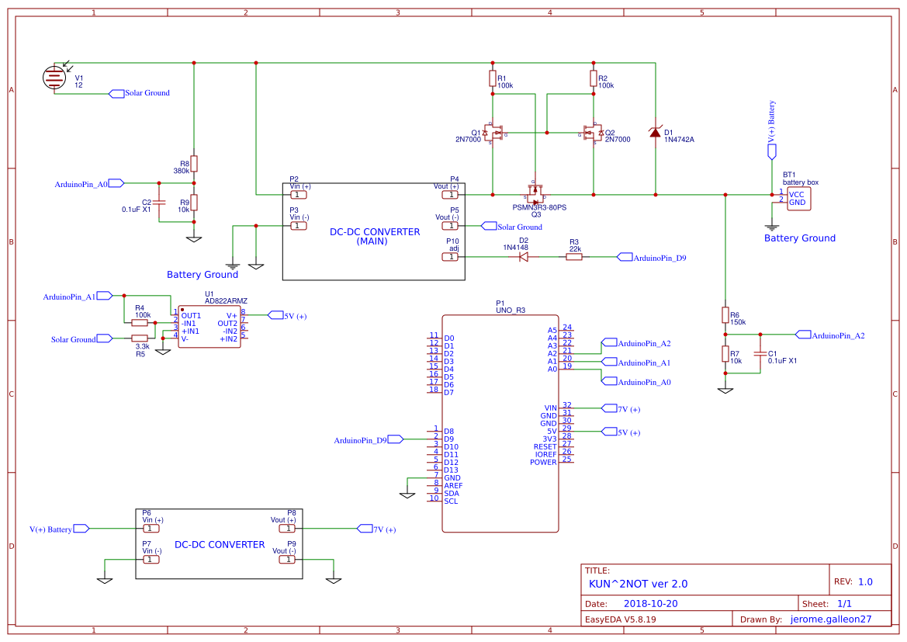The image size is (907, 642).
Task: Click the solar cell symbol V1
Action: coord(54,76)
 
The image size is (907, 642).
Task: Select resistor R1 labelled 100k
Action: coord(492,78)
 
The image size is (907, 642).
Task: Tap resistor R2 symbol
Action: coord(593,78)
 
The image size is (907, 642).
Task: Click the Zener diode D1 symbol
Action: coord(656,133)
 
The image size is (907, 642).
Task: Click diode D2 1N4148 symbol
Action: coord(524,257)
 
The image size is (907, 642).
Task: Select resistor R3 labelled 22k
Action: coord(573,257)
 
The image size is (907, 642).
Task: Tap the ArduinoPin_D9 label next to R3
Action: coord(659,258)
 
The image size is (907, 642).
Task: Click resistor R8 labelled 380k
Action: coord(194,164)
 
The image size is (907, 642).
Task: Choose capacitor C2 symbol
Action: coord(159,202)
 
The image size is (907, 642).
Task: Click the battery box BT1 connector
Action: coord(800,198)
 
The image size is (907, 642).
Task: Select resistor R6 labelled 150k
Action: coord(725,315)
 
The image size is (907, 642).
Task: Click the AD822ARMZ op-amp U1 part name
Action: coord(226,301)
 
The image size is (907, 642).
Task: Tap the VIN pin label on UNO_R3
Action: coord(551,408)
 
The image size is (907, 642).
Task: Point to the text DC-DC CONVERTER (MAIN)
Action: coord(375,236)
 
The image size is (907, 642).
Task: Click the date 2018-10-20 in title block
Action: coord(651,603)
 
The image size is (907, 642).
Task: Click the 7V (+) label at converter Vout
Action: coord(383,529)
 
